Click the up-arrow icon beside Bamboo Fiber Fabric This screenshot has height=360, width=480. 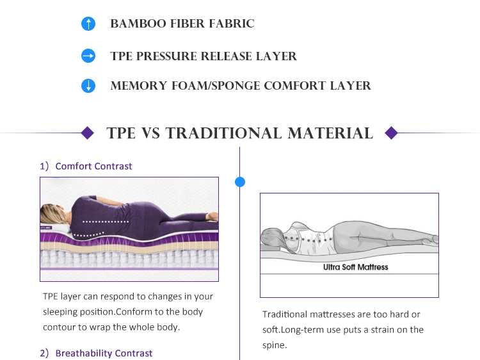tap(88, 24)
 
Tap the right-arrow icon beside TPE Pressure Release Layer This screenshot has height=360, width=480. tap(88, 56)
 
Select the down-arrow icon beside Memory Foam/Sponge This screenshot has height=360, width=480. tap(88, 86)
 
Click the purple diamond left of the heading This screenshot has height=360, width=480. tap(88, 133)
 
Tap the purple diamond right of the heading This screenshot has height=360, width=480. tap(391, 133)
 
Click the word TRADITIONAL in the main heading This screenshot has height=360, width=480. tap(223, 133)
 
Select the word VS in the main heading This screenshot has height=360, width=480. tap(150, 133)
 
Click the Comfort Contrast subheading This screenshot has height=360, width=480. tap(93, 166)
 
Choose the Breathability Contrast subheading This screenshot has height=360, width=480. tap(104, 353)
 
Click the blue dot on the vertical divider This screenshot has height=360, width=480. tap(240, 182)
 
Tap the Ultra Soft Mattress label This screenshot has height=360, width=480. tap(355, 266)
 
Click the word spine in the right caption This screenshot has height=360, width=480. tap(274, 345)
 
